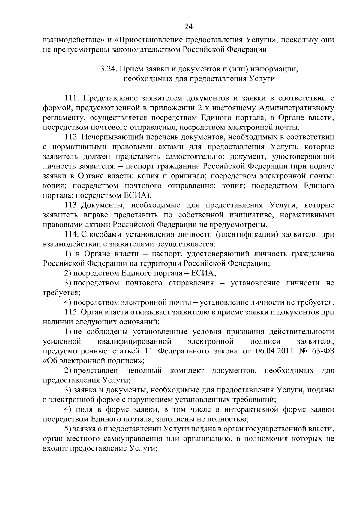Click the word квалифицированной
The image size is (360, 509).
pos(134,341)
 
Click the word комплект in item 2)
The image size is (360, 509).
pos(187,371)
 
